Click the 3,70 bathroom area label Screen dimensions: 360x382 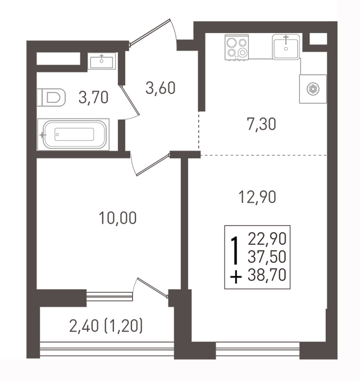[x=93, y=97]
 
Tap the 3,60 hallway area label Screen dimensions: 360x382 [x=160, y=88]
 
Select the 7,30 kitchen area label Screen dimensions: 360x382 [x=261, y=124]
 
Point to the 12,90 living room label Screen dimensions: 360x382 [x=257, y=197]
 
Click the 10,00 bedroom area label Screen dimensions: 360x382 [x=117, y=218]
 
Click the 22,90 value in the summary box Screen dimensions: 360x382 [x=267, y=239]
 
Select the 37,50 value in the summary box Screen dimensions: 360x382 [x=267, y=257]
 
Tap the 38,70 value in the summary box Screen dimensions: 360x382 [x=267, y=275]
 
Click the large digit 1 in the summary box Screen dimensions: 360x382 [x=235, y=251]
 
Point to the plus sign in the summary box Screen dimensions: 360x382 [x=236, y=278]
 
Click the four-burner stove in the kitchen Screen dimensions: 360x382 [x=237, y=47]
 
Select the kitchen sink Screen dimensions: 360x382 [x=286, y=47]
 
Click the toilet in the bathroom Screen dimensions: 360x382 [x=51, y=97]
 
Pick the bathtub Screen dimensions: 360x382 [x=73, y=134]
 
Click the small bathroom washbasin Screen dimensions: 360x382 [x=101, y=61]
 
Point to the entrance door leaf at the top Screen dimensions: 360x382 [x=149, y=32]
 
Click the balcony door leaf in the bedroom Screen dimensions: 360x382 [x=152, y=288]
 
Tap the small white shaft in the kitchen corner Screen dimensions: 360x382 [x=318, y=39]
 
